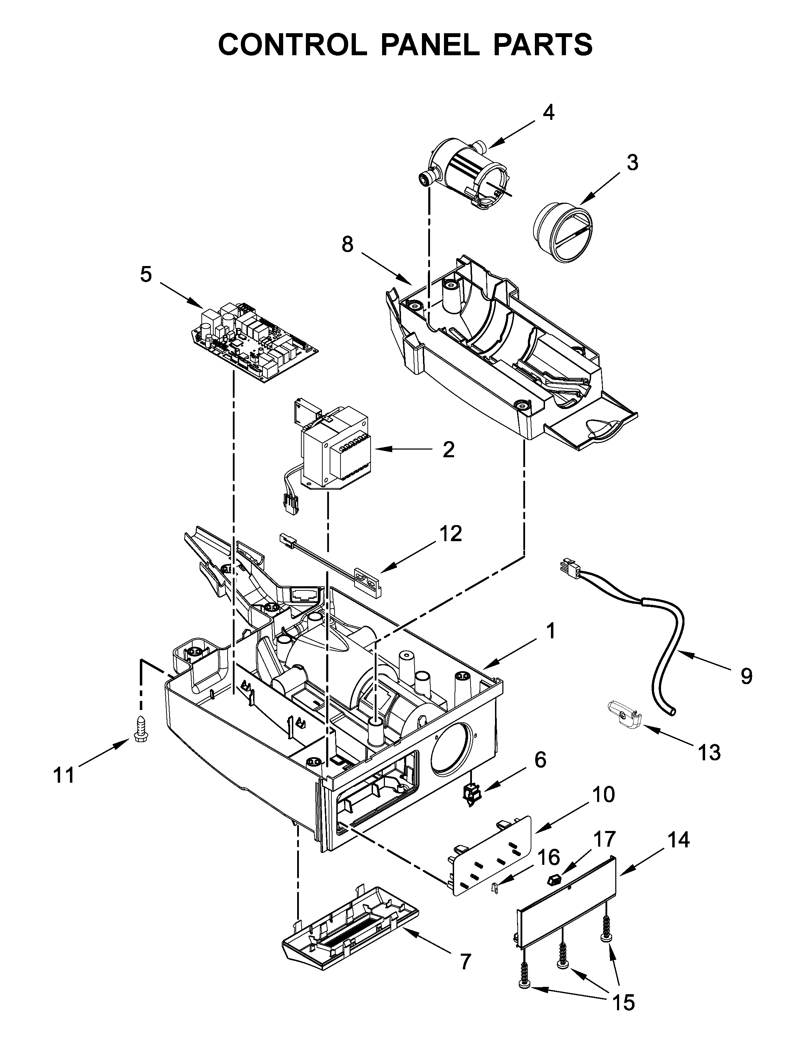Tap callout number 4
[548, 113]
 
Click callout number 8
[347, 244]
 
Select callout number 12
[451, 534]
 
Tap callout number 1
[550, 632]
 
